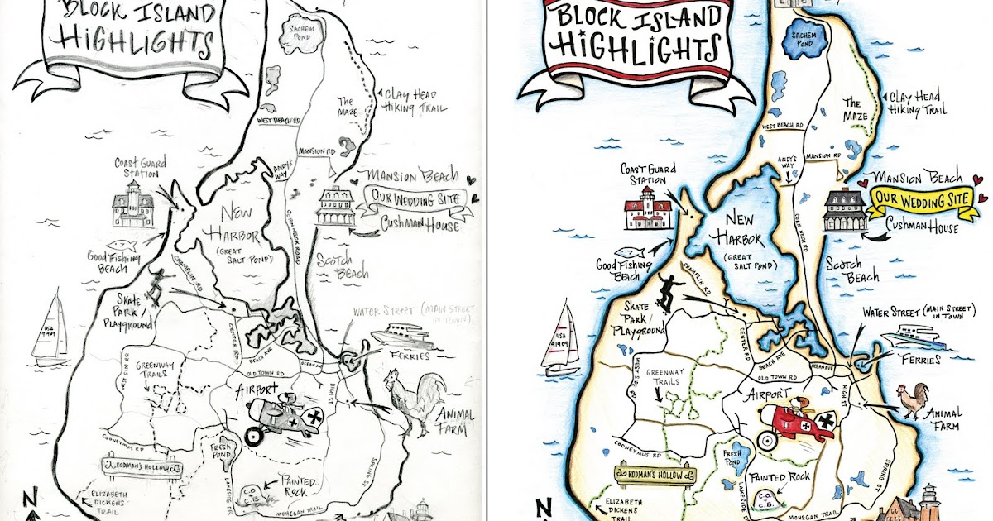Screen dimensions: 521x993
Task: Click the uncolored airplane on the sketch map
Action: click(281, 419)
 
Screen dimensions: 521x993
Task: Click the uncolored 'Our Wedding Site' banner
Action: click(414, 199)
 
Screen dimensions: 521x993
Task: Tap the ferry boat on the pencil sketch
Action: click(401, 335)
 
